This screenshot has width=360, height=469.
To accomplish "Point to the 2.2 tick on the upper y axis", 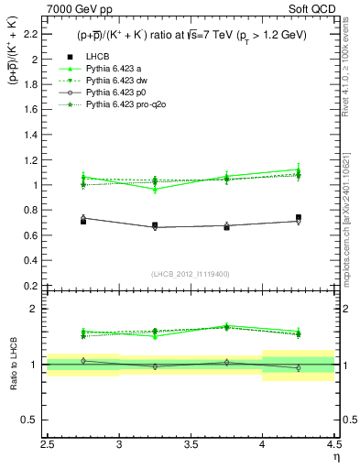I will (x=35, y=34).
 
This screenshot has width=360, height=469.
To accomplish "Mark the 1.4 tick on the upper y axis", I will (x=35, y=135).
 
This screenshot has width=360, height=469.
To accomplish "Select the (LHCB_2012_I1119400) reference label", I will (x=191, y=273).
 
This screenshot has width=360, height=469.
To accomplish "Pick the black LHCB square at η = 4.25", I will (x=299, y=217).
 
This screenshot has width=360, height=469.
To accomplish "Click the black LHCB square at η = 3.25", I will (x=155, y=224).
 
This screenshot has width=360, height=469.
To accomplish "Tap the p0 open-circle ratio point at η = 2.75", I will (x=83, y=361).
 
